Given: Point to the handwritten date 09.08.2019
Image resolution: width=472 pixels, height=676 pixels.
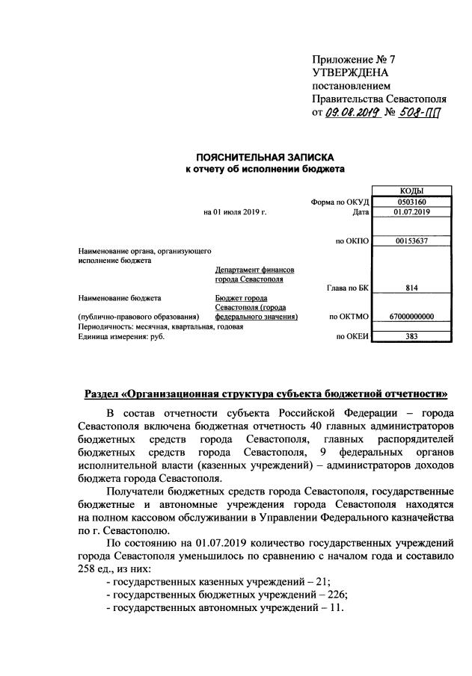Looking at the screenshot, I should [x=353, y=113].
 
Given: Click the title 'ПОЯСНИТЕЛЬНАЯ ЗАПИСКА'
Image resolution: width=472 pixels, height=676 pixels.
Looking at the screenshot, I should [x=265, y=157].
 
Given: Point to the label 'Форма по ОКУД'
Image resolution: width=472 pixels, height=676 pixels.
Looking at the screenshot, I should [x=340, y=202].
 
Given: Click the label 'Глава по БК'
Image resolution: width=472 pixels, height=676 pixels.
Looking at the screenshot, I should [x=347, y=288].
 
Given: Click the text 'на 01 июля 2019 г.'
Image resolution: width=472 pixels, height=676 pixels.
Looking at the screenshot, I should [x=235, y=212].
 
